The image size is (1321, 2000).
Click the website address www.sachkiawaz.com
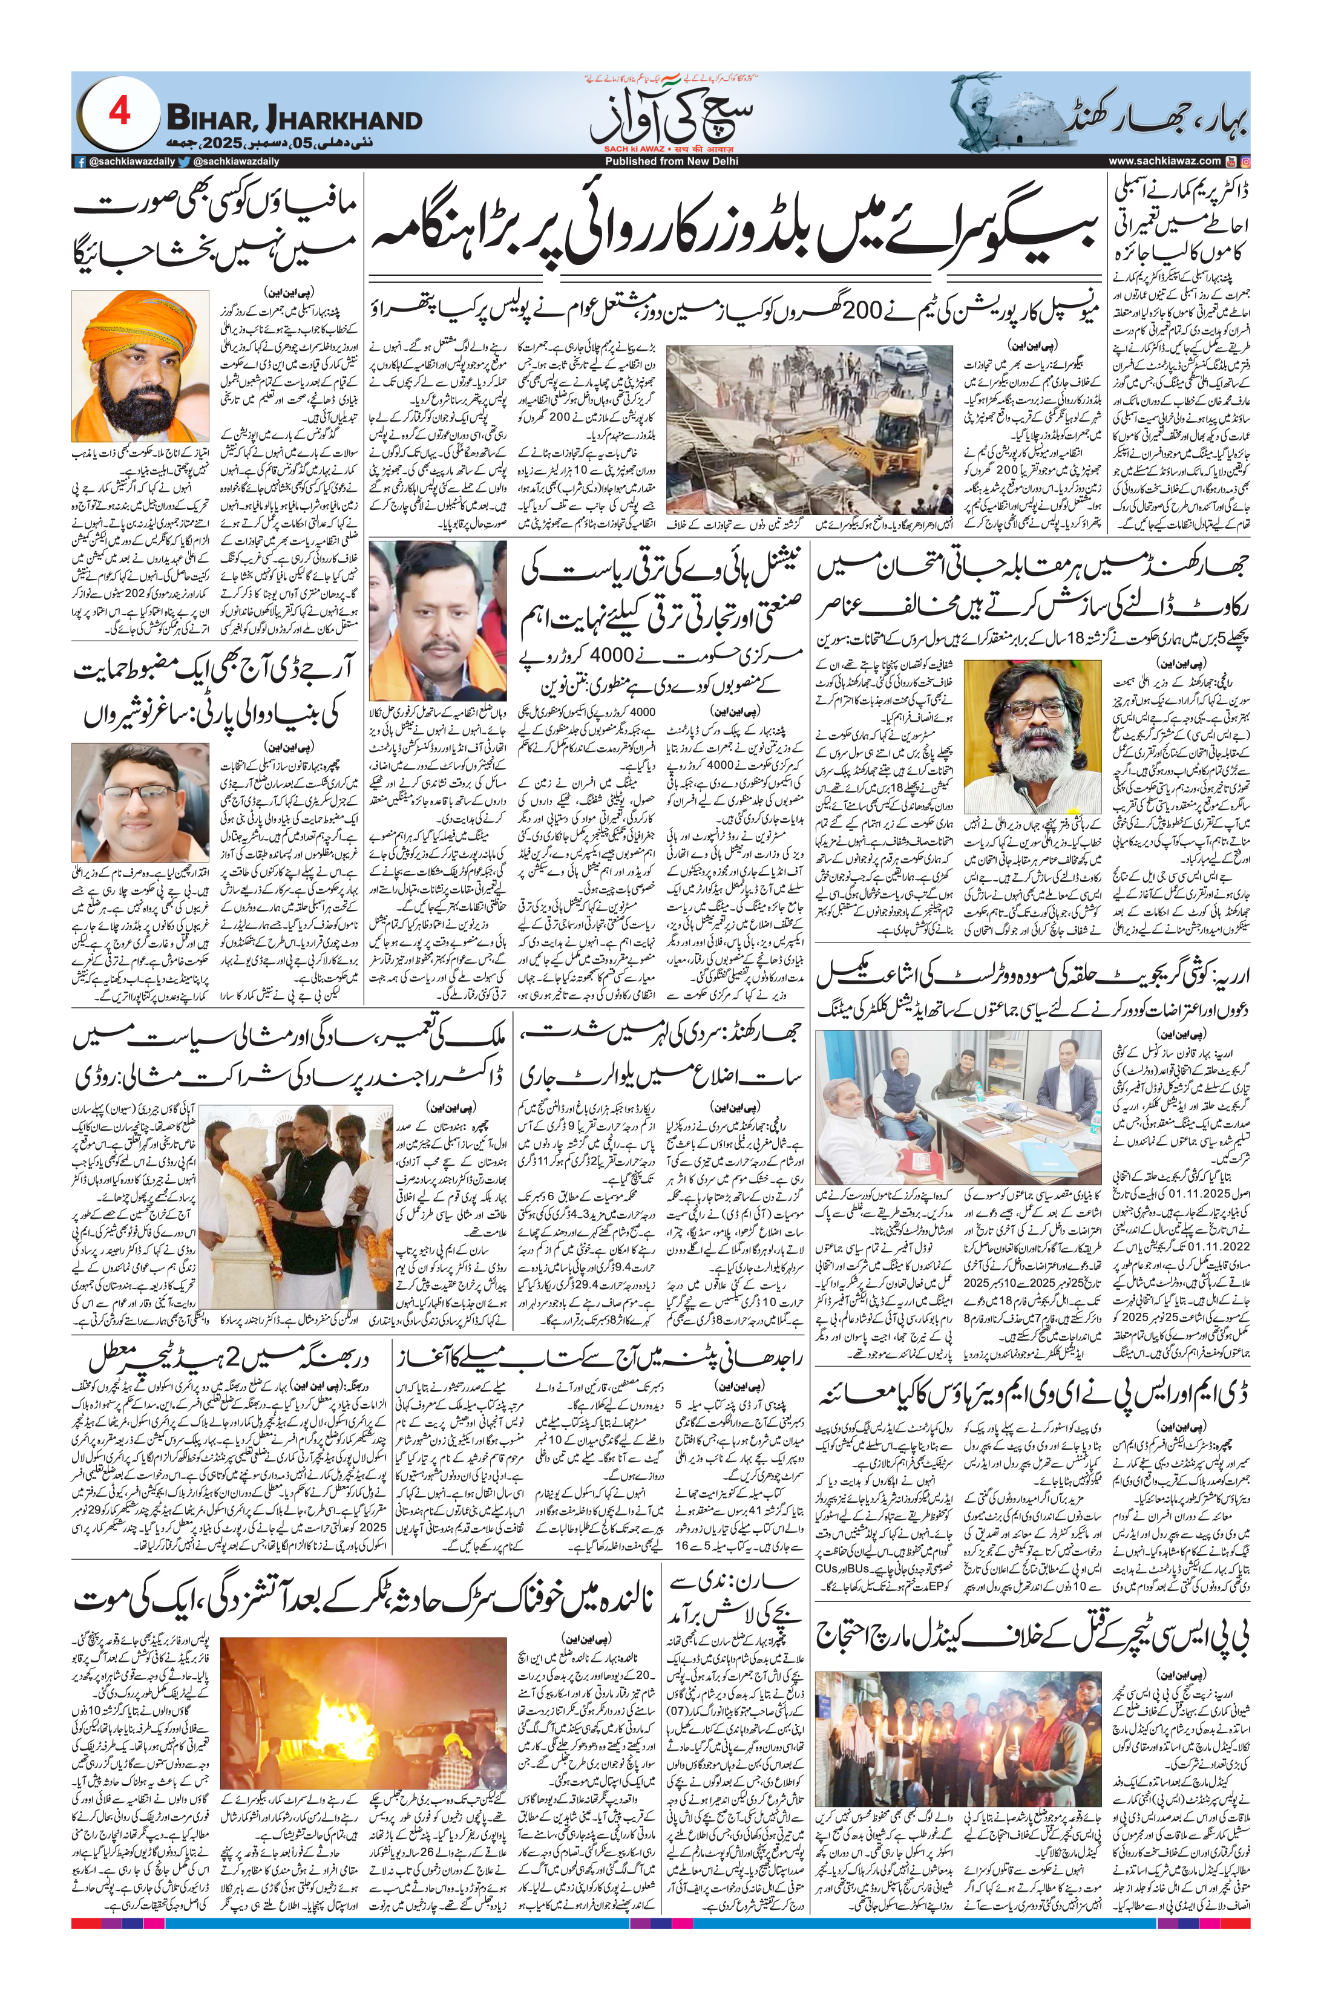pyautogui.click(x=1165, y=161)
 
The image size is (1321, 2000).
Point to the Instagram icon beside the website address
pyautogui.click(x=1246, y=161)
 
